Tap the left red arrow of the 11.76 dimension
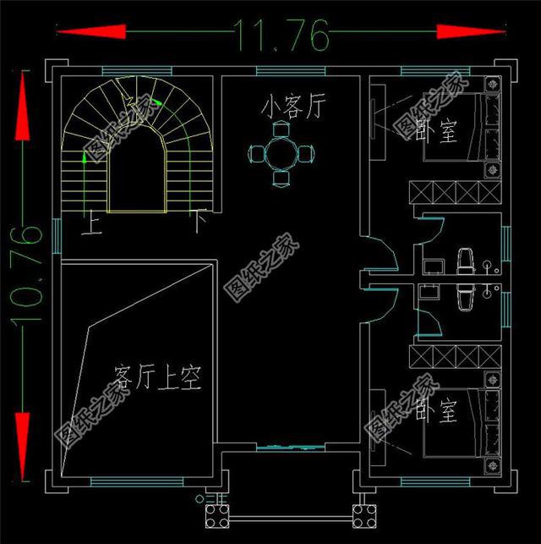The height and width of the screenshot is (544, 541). tap(90, 31)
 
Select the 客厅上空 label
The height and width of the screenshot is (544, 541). tap(157, 376)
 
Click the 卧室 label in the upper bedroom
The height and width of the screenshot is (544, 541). tap(440, 133)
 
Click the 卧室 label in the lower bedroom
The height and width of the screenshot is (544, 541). tap(436, 412)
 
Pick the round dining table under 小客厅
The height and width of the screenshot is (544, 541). tap(281, 153)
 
